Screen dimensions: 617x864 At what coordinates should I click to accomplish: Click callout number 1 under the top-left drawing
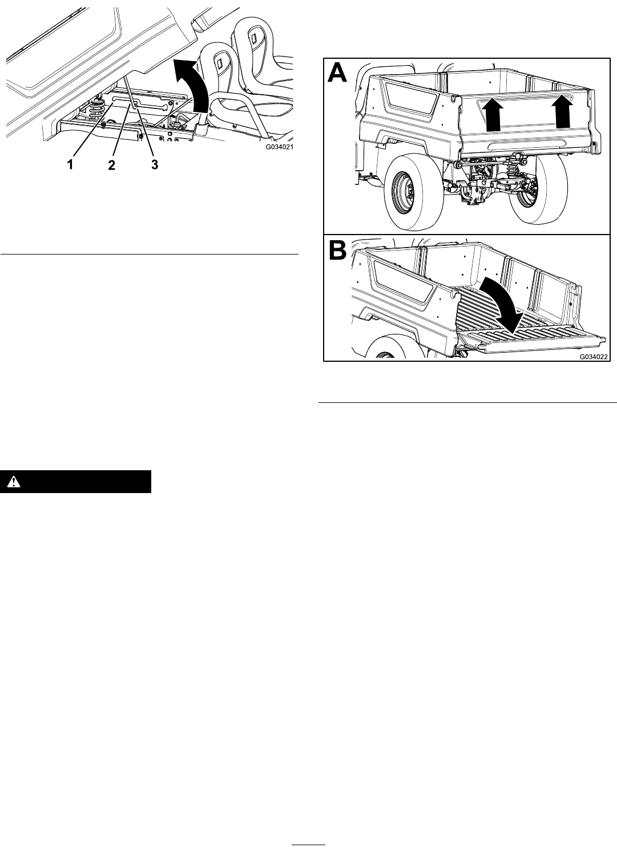point(70,165)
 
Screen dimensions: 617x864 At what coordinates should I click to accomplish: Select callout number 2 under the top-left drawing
point(111,165)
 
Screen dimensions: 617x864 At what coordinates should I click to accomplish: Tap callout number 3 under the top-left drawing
point(154,165)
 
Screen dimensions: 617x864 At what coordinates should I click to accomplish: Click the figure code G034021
point(279,147)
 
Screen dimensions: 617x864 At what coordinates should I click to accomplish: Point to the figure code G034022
point(594,357)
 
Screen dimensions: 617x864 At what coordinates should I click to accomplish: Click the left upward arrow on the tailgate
point(492,114)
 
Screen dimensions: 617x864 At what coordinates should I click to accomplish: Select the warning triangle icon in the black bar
point(14,482)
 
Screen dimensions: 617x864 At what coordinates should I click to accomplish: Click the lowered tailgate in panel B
point(533,340)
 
